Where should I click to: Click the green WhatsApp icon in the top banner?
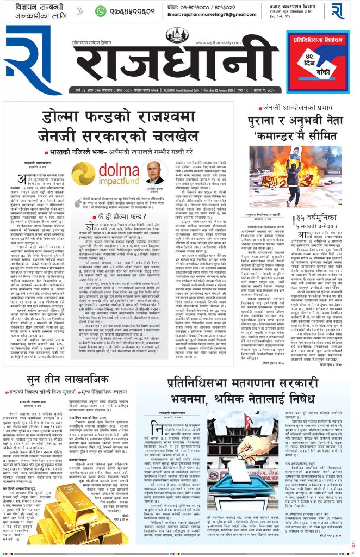tap(101, 11)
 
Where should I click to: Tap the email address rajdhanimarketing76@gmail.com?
tap(212, 15)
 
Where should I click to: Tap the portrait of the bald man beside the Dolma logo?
tap(154, 172)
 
